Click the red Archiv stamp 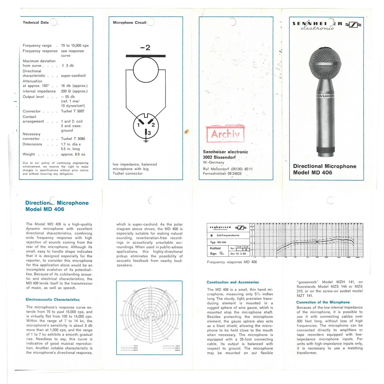[225, 134]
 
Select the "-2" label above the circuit [145, 48]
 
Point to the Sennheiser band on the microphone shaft [325, 96]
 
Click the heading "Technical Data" [36, 23]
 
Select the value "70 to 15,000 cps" [75, 45]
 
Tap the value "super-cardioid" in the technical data [73, 76]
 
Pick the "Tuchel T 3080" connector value [73, 139]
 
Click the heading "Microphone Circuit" [129, 23]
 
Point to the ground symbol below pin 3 [146, 141]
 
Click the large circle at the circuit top [146, 70]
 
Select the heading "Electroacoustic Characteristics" [53, 299]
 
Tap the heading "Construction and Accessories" [233, 282]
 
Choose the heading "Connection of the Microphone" [323, 302]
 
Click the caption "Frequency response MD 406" [232, 262]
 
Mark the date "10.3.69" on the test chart [241, 254]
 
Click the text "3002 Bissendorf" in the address [219, 157]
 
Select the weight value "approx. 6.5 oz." [73, 154]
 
